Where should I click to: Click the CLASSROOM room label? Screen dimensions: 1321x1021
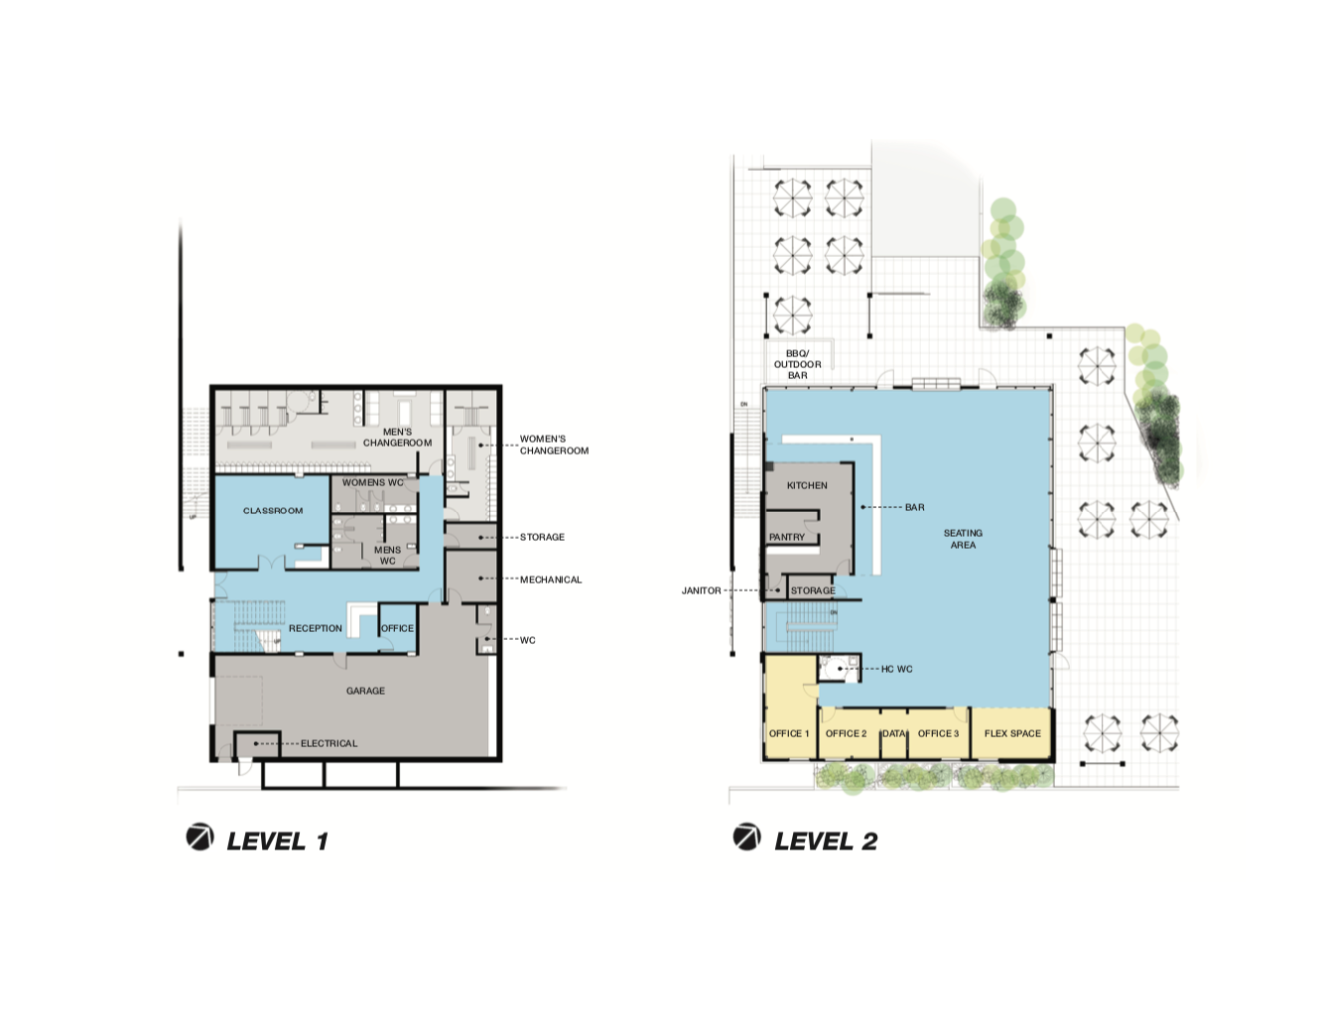point(273,510)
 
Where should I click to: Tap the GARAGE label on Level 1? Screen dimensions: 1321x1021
point(365,691)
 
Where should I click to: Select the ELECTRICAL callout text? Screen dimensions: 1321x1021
point(329,743)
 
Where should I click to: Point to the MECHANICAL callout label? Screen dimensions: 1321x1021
point(551,579)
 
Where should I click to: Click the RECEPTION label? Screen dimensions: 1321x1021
point(315,628)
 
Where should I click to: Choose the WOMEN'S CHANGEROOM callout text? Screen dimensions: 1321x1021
point(554,445)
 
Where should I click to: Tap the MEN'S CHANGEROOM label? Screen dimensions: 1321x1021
point(398,437)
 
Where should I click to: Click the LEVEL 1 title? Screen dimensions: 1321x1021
point(278,841)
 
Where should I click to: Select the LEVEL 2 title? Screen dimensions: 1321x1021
point(826,841)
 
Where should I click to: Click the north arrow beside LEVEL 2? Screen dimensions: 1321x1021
point(746,836)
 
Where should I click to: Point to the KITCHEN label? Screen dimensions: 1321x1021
point(807,485)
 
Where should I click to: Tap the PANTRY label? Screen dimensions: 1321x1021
point(787,537)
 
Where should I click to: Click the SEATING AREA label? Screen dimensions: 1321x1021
point(963,539)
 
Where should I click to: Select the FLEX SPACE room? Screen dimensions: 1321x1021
point(1012,733)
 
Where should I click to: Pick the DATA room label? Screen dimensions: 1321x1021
point(893,733)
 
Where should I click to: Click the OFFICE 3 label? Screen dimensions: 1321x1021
point(938,733)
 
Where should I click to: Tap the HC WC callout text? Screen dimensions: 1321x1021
point(896,669)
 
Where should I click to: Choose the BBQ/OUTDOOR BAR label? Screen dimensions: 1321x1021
point(798,365)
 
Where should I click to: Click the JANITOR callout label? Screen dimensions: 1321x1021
point(701,590)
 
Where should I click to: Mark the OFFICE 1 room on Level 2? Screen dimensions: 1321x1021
point(790,708)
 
